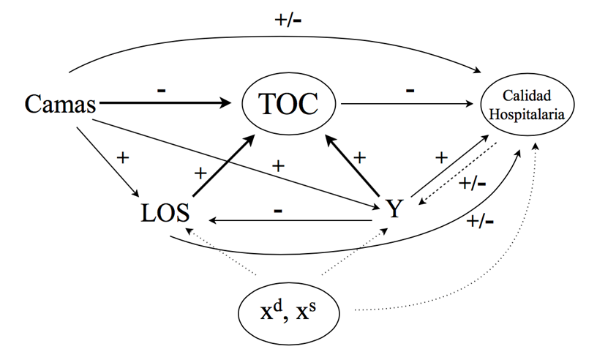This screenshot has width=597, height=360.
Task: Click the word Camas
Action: (61, 105)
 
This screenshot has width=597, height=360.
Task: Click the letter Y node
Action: (394, 209)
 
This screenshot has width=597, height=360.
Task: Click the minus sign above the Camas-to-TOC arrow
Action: (161, 89)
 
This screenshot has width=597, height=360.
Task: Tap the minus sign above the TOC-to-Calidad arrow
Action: (410, 89)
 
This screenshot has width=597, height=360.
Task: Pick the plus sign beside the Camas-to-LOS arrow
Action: (122, 157)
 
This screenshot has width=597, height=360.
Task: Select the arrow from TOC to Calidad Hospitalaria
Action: (410, 105)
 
